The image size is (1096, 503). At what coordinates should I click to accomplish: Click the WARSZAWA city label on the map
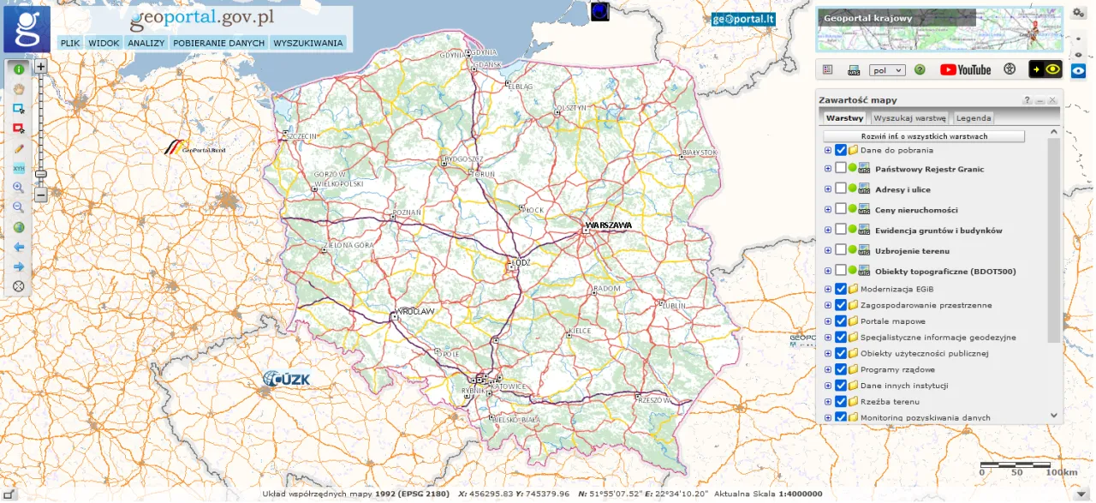point(609,225)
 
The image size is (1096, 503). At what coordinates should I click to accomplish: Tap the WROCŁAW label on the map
point(415,311)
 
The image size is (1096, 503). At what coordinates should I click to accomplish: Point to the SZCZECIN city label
point(301,135)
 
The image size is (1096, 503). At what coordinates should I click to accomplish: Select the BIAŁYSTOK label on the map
point(698,153)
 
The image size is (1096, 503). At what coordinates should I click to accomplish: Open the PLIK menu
point(70,43)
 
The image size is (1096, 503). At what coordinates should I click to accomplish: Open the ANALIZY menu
point(146,43)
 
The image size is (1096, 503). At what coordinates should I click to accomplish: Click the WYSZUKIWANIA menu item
point(308,43)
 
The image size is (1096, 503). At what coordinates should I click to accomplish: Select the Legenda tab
point(974,118)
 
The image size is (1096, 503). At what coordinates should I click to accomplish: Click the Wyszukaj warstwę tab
point(909,118)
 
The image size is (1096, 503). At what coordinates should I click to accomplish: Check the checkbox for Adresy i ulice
point(841,189)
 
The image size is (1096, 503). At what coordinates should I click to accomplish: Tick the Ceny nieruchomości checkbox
point(841,210)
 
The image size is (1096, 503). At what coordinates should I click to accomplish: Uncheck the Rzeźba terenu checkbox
point(841,401)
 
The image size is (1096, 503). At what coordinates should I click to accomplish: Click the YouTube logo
point(965,70)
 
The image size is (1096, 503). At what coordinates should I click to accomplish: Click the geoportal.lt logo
point(743,20)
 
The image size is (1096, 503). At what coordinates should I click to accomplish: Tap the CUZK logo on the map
point(287,379)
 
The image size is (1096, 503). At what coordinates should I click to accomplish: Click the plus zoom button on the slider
point(40,66)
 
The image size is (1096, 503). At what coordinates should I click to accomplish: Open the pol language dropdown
point(887,70)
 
